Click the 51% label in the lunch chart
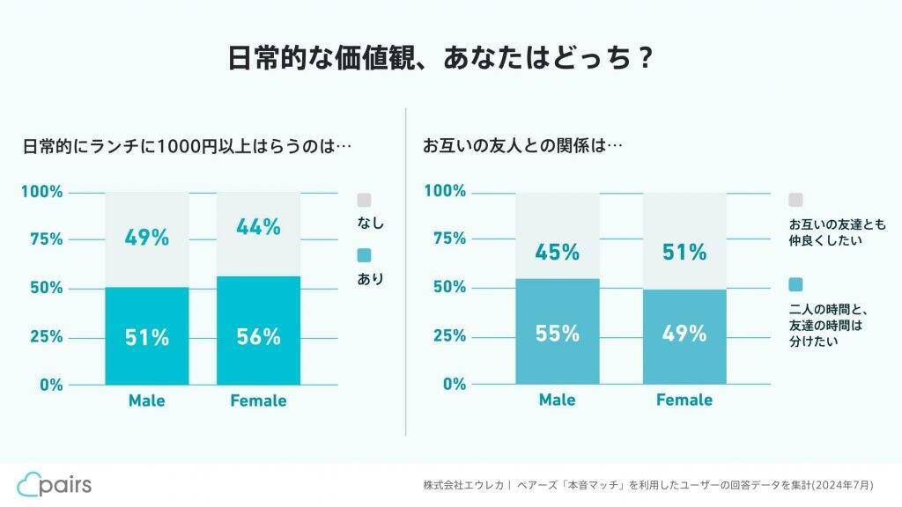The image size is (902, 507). pyautogui.click(x=147, y=337)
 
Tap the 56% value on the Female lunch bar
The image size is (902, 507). pyautogui.click(x=258, y=337)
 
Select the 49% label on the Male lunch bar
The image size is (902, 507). pyautogui.click(x=147, y=238)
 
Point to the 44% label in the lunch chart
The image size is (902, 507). pyautogui.click(x=258, y=227)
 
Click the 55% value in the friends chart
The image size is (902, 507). pyautogui.click(x=558, y=334)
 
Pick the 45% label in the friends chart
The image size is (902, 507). pyautogui.click(x=558, y=253)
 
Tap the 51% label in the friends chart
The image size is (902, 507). pyautogui.click(x=684, y=253)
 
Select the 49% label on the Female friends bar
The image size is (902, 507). pyautogui.click(x=684, y=334)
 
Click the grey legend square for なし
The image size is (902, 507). pyautogui.click(x=365, y=200)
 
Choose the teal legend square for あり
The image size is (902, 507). pyautogui.click(x=365, y=254)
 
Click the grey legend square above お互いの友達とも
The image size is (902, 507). pyautogui.click(x=795, y=200)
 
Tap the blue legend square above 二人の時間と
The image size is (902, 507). pyautogui.click(x=795, y=284)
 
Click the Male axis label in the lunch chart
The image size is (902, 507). pyautogui.click(x=146, y=400)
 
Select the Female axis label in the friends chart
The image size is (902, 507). pyautogui.click(x=684, y=400)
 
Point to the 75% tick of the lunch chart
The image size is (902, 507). pyautogui.click(x=42, y=239)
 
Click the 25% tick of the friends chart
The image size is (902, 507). pyautogui.click(x=448, y=335)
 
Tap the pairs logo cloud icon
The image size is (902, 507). pyautogui.click(x=29, y=484)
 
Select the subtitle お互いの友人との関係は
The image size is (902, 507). pyautogui.click(x=523, y=146)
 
